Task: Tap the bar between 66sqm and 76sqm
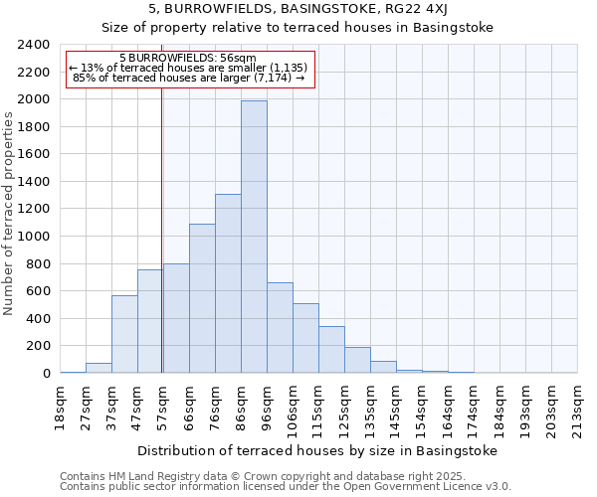click(x=202, y=298)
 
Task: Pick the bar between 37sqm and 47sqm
click(x=124, y=334)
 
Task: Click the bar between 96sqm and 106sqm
click(x=280, y=328)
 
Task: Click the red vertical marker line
click(x=161, y=248)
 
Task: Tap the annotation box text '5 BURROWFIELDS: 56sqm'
click(x=187, y=58)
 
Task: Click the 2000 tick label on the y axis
click(x=35, y=99)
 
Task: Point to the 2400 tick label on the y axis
click(x=35, y=45)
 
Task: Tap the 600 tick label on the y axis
click(x=39, y=291)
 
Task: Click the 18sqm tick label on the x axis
click(x=61, y=405)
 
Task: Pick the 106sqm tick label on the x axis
click(x=293, y=408)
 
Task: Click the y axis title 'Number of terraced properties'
click(x=10, y=213)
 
